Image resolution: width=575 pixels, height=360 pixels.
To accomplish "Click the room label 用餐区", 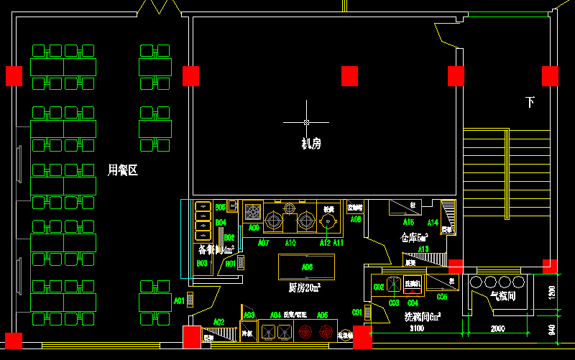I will coord(122,170).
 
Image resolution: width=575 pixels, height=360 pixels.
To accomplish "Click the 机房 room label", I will coord(311,144).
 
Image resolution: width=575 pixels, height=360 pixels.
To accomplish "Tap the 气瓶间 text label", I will coord(502,295).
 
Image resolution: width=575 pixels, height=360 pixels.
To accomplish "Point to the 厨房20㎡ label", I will coord(304,287).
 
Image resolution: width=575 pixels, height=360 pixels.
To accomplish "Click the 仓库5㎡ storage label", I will coord(415,237).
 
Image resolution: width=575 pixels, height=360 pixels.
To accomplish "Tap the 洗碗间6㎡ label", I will coord(422,316).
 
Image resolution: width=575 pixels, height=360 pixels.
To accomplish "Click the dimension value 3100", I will coord(417,328).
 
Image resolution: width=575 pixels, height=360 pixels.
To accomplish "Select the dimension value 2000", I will coord(498,328).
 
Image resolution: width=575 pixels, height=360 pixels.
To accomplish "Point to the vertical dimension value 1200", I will coord(551,292).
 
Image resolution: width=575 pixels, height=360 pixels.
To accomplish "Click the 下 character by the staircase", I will coord(530,102).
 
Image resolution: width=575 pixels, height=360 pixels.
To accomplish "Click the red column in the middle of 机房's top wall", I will coord(349,75).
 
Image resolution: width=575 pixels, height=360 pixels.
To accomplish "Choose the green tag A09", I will coord(254,227).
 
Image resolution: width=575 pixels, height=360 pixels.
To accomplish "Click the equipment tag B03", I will coord(202,264).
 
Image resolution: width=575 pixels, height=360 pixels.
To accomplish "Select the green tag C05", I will coord(442,297).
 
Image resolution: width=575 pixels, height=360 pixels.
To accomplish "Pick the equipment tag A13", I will coord(423,249).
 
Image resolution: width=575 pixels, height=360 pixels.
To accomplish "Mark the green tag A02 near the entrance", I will coord(219,321).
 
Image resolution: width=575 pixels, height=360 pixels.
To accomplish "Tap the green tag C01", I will coord(357,312).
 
